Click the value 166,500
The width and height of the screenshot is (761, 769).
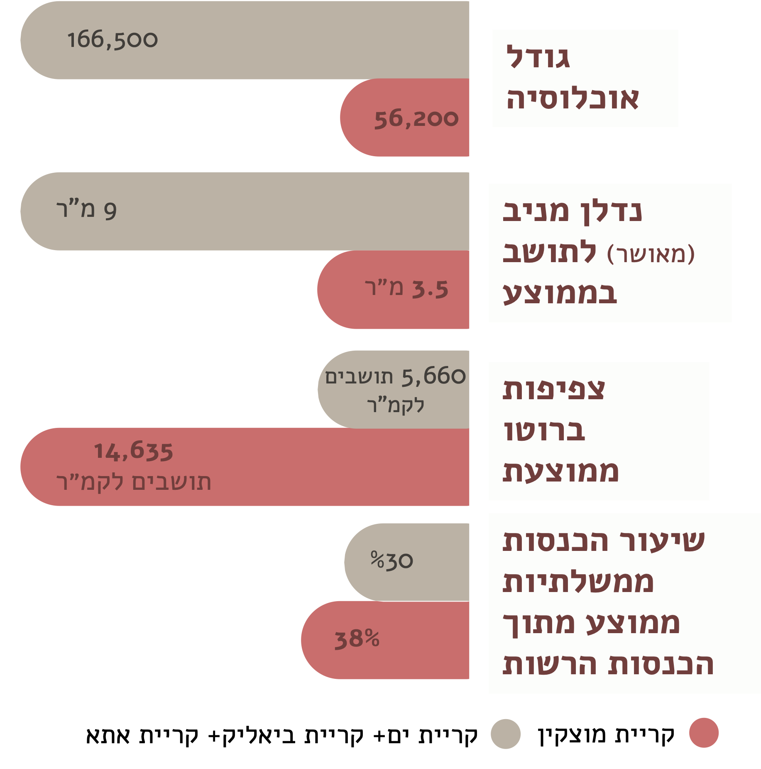[x=113, y=40]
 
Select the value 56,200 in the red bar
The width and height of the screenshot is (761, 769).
[x=416, y=119]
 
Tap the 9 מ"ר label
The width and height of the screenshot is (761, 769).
[x=86, y=210]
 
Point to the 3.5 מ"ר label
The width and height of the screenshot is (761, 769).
[x=407, y=289]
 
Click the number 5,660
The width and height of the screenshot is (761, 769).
[x=434, y=376]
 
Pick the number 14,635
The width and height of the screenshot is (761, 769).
[x=133, y=451]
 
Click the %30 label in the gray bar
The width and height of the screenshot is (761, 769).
[x=392, y=561]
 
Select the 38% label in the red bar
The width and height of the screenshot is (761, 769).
[x=357, y=639]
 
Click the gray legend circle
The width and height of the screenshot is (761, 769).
[x=505, y=734]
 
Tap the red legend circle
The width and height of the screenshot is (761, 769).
[x=704, y=732]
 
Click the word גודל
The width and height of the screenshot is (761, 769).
[x=538, y=57]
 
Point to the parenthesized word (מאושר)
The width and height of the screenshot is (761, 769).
[x=651, y=254]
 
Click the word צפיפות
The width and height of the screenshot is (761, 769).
[x=554, y=390]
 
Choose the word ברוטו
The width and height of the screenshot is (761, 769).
[x=544, y=431]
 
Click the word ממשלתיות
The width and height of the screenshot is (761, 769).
[x=578, y=582]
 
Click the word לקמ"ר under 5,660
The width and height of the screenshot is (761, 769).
[x=396, y=405]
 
